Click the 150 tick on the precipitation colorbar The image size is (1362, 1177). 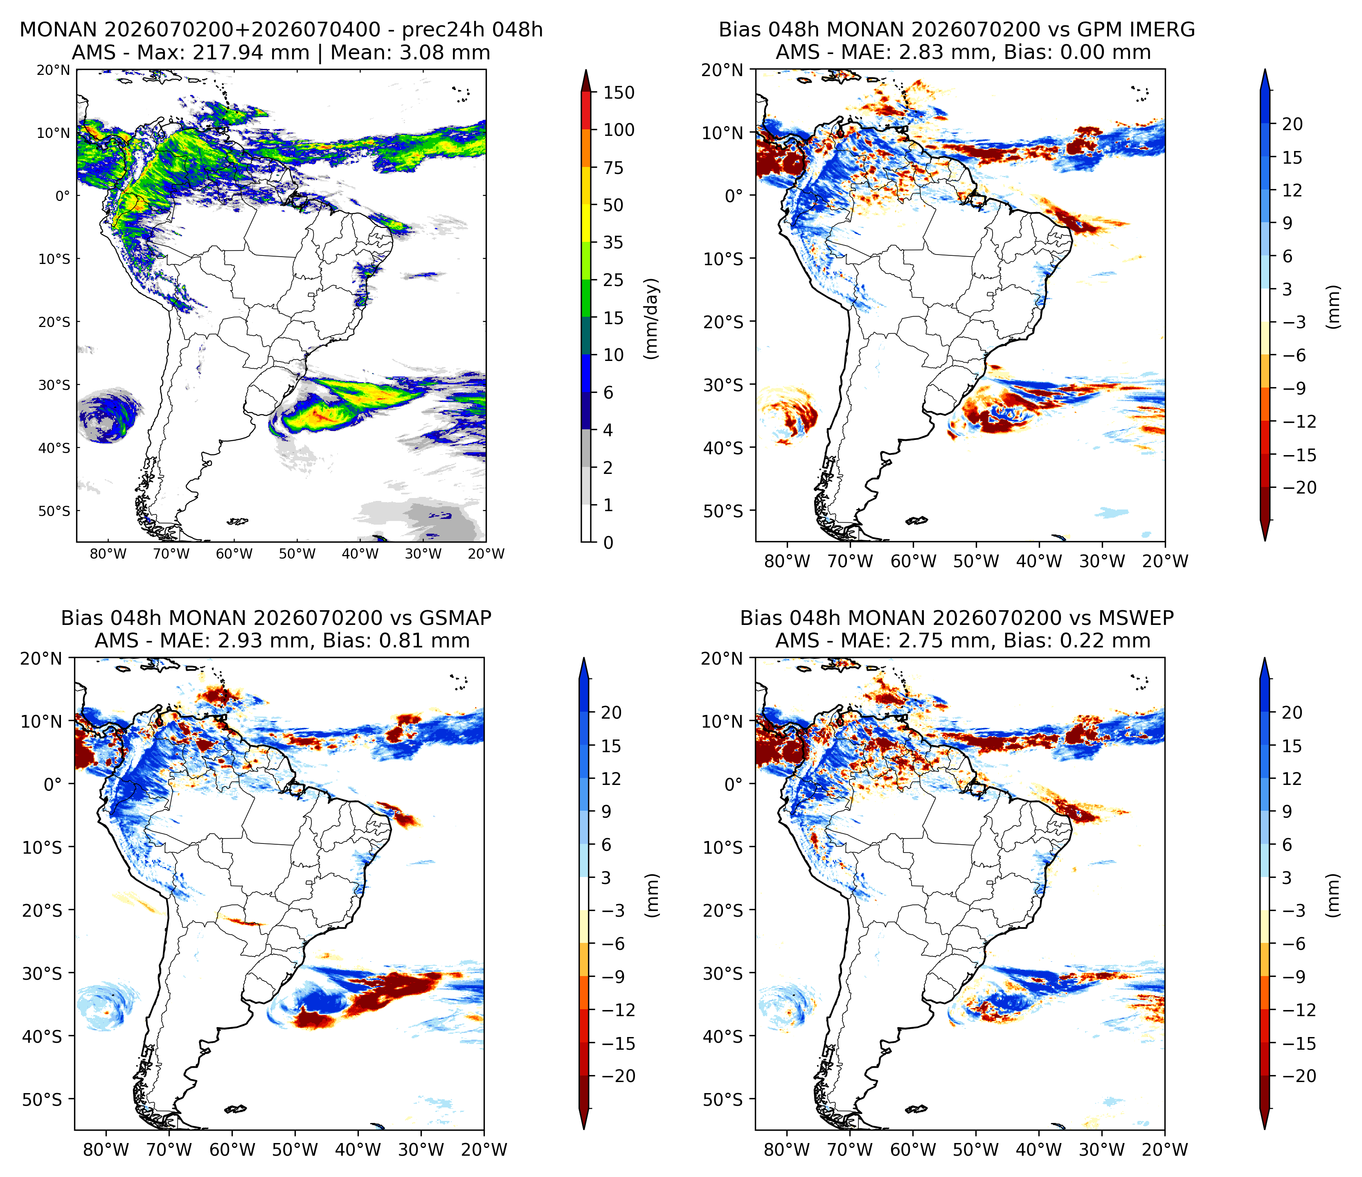(x=619, y=93)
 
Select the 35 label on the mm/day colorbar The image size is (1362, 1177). (x=612, y=243)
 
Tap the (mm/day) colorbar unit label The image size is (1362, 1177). (x=651, y=319)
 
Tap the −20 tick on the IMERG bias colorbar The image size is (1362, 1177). (x=1298, y=488)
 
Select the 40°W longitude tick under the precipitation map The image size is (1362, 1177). (x=360, y=554)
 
